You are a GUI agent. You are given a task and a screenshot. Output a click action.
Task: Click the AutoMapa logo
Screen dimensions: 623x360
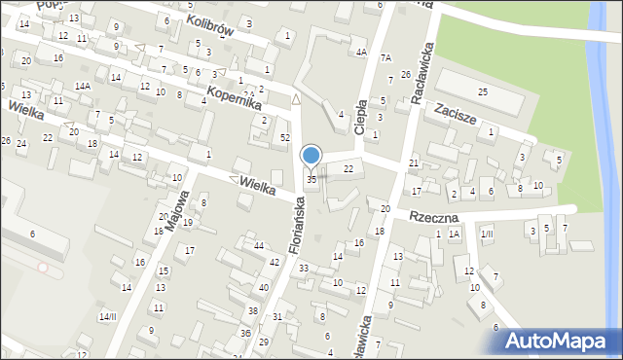coord(559,341)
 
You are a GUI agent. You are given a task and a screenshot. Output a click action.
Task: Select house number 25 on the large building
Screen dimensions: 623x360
coord(483,91)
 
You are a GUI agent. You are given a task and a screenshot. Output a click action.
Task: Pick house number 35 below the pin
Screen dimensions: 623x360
coord(311,179)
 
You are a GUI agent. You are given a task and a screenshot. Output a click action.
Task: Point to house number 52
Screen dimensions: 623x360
coord(285,137)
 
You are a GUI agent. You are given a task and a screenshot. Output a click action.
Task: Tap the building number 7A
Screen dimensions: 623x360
coord(385,58)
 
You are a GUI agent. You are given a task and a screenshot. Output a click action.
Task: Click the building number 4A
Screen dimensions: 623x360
coord(360,52)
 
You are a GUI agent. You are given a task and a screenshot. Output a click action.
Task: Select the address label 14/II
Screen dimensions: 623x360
coord(107,316)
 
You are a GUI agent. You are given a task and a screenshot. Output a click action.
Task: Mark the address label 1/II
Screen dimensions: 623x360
coord(487,234)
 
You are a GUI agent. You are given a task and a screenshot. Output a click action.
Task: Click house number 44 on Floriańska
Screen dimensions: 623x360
coord(259,245)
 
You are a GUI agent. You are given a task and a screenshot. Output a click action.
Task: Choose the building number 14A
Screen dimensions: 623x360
coord(85,87)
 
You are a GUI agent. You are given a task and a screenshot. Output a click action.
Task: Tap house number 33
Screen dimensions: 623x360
coord(304,268)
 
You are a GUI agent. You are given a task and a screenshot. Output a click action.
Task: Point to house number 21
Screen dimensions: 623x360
coord(414,162)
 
